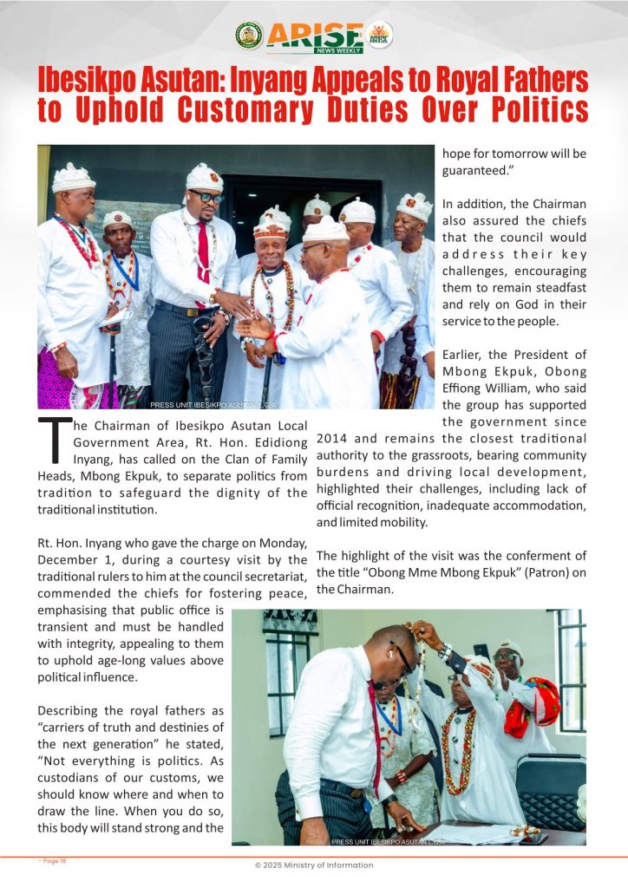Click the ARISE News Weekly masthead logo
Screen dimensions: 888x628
point(315,36)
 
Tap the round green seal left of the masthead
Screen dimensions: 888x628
point(249,36)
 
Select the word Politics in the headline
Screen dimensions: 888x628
point(533,110)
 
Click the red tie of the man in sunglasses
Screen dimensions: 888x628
point(203,251)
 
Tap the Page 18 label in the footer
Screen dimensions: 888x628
point(53,861)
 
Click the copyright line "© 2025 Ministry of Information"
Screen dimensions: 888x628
point(314,865)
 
